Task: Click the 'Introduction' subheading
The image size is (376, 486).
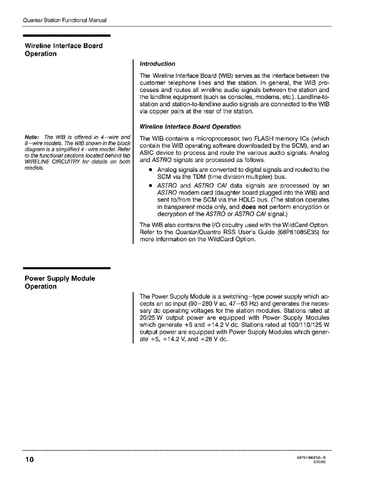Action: [x=158, y=64]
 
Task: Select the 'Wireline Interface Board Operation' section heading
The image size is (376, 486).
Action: [x=63, y=49]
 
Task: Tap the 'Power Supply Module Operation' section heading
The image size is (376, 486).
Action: [x=60, y=282]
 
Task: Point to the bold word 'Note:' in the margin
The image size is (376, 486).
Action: [x=32, y=137]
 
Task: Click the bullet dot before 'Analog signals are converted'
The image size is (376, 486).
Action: [x=150, y=170]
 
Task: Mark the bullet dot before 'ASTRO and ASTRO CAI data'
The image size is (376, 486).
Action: [x=150, y=185]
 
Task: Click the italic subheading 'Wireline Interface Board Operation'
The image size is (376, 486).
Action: [x=190, y=127]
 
